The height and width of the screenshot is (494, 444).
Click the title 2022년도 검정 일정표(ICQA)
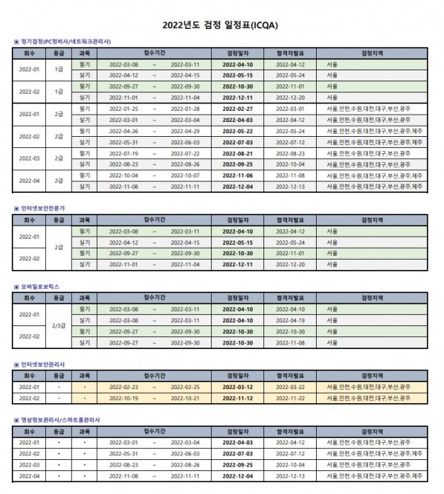click(x=222, y=24)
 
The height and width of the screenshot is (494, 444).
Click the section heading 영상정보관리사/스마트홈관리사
click(x=58, y=419)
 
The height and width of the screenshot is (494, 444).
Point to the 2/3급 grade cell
click(x=58, y=325)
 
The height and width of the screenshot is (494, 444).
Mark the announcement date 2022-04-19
click(x=291, y=320)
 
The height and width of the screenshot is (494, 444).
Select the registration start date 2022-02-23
click(x=124, y=387)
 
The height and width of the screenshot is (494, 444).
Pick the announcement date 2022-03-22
click(x=291, y=387)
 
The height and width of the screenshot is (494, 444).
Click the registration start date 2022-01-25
click(x=124, y=108)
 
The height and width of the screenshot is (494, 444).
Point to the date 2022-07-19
click(x=124, y=152)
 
